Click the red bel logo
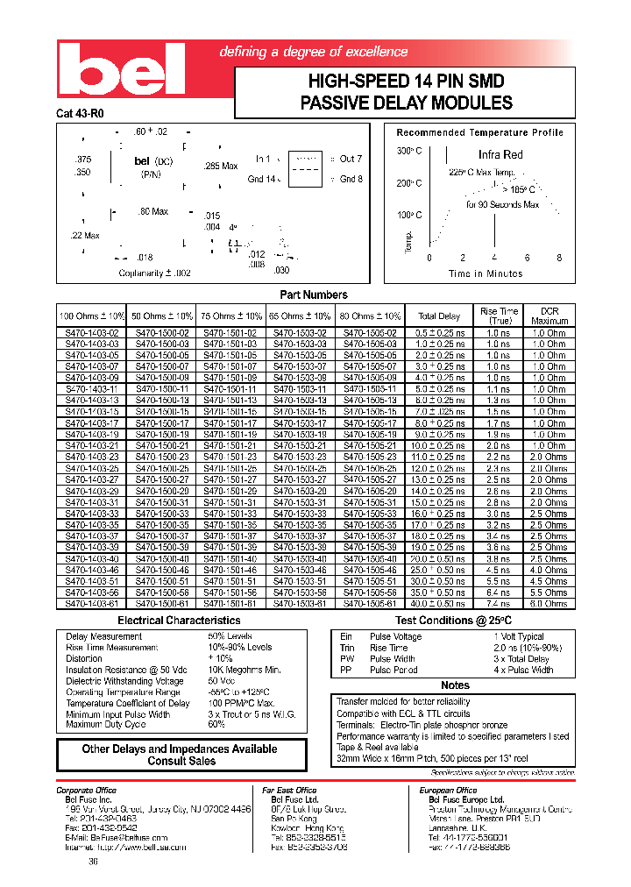[122, 72]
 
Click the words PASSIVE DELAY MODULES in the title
[406, 103]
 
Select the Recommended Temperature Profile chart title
[479, 132]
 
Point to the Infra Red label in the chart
[500, 154]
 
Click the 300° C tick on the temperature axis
[408, 151]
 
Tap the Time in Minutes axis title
[486, 273]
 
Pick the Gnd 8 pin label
[351, 179]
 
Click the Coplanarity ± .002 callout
[155, 273]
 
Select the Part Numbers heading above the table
[313, 294]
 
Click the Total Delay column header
[439, 316]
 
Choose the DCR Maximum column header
[549, 316]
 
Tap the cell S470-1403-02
[91, 333]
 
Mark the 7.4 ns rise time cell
[498, 603]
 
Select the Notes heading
[455, 685]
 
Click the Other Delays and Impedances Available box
[181, 755]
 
